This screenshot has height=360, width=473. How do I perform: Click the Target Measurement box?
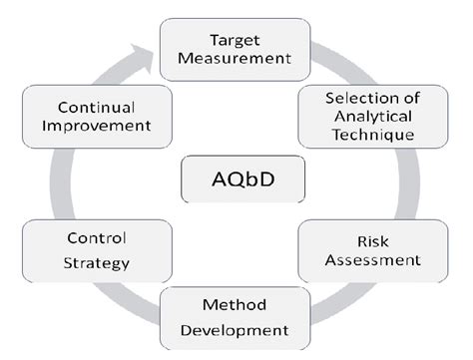pos(236,49)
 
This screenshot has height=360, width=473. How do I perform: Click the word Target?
pos(236,39)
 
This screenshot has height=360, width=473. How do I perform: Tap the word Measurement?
pos(236,58)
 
